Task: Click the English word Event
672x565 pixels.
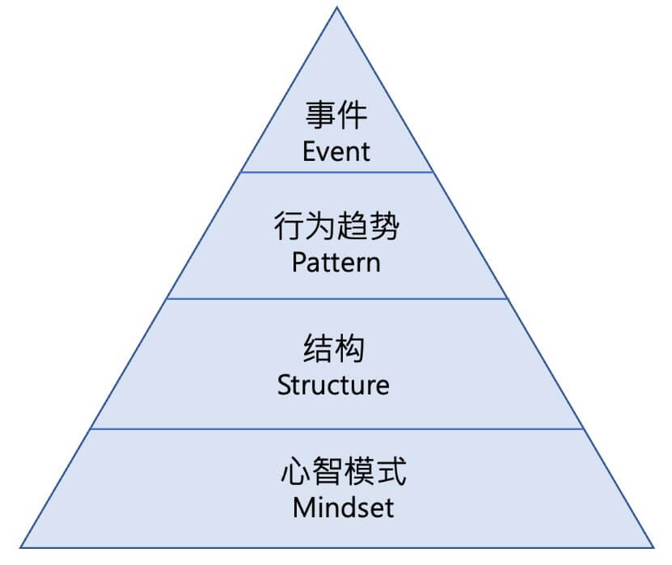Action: (336, 151)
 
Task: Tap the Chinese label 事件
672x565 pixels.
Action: (336, 116)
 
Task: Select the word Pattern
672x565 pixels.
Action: (336, 263)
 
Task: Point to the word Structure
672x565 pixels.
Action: (333, 385)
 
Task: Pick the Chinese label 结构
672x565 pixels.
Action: (333, 349)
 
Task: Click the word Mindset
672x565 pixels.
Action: (343, 508)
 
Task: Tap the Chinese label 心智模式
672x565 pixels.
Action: (343, 471)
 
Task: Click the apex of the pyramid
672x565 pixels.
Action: (337, 7)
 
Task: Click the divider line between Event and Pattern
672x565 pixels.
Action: (336, 171)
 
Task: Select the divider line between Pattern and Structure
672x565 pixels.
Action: (336, 298)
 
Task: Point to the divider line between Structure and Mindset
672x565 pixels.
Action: (336, 429)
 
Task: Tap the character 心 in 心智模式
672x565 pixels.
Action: (294, 471)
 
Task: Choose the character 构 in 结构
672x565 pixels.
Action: (349, 349)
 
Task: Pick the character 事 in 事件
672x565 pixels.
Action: (320, 116)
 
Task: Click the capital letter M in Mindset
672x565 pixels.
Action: (302, 508)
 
